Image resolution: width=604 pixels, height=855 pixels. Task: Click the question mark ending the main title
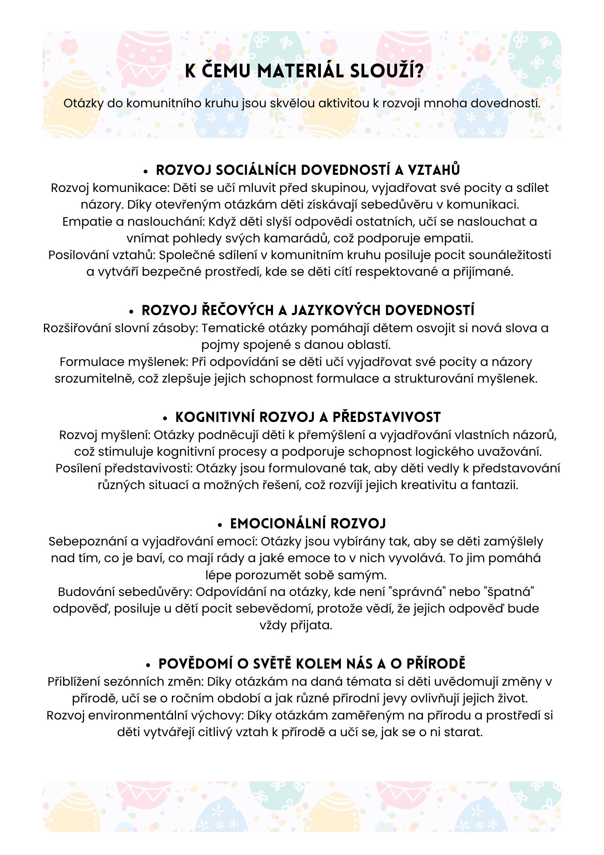click(x=419, y=71)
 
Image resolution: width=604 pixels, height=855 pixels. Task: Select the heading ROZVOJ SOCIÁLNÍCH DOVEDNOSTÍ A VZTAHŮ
click(x=308, y=170)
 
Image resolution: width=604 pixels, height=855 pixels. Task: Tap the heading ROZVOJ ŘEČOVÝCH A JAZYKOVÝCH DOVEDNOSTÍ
click(x=308, y=310)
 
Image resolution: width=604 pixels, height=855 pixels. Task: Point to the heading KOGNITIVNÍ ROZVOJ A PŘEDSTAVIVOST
click(x=308, y=417)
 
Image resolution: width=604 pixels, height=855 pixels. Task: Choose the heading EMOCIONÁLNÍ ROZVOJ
click(x=308, y=524)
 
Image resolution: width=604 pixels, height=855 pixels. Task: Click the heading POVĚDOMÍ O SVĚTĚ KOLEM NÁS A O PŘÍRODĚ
click(x=312, y=664)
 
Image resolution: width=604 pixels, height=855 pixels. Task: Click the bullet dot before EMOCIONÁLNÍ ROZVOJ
click(x=220, y=525)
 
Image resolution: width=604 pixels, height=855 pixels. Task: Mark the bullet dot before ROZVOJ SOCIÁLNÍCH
click(x=146, y=171)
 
